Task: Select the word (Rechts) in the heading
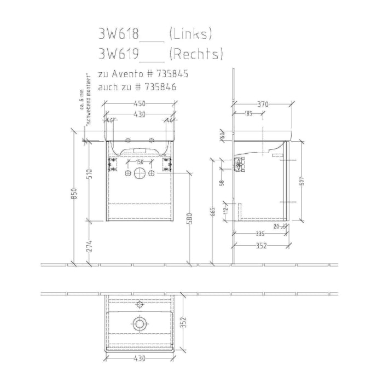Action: (196, 54)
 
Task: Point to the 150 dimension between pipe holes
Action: (140, 162)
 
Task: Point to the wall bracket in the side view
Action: (239, 164)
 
